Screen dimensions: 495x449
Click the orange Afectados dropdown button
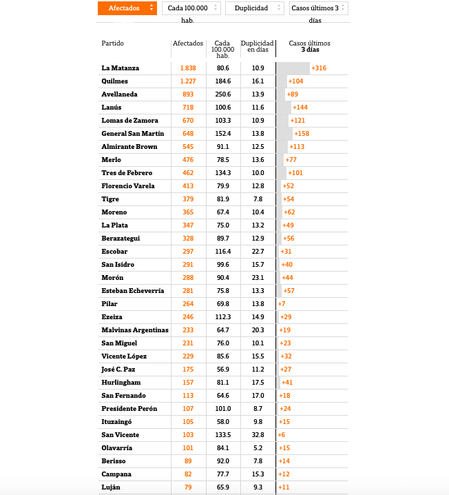pos(127,8)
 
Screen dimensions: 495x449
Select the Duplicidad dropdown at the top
pos(254,8)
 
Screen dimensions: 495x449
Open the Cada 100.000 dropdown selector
pos(191,8)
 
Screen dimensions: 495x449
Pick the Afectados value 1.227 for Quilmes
pos(188,81)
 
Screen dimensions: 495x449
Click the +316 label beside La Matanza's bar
pos(319,68)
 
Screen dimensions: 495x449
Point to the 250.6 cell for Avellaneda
pos(222,94)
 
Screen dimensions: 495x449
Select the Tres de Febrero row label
pos(127,173)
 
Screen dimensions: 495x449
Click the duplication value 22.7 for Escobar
pos(258,252)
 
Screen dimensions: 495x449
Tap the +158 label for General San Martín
pos(301,134)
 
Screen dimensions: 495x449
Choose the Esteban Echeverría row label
pos(133,291)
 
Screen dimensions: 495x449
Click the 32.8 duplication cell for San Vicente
pos(258,435)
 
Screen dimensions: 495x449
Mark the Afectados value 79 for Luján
pos(188,487)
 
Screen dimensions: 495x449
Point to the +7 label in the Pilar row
pos(282,304)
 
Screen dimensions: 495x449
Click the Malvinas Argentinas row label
pos(135,330)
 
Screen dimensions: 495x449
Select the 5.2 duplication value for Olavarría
pos(258,448)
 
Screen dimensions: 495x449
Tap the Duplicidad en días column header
pos(258,47)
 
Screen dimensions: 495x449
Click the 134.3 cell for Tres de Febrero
pos(222,173)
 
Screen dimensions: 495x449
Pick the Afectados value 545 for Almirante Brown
pos(188,147)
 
